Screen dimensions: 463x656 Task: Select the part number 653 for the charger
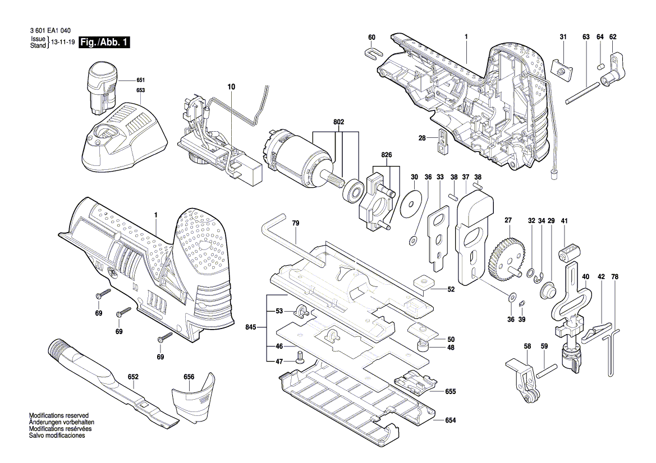140,91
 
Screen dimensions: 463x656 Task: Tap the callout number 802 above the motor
338,123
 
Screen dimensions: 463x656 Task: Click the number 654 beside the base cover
451,420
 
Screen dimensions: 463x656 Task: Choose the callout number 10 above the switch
231,87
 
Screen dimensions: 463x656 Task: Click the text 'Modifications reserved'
59,415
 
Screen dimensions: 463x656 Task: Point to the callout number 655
451,392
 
